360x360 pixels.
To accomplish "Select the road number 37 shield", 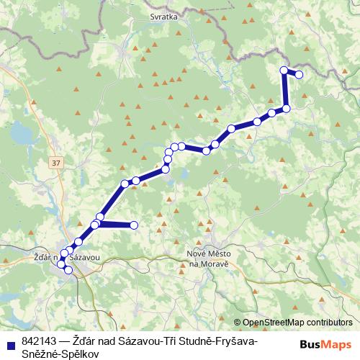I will coord(56,164).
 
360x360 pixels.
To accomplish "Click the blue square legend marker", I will coord(11,341).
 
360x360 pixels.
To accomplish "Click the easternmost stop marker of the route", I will coord(299,74).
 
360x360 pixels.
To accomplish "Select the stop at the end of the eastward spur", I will coord(134,225).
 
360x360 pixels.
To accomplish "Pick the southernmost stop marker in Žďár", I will coord(69,270).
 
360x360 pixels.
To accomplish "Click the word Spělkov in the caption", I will coord(78,354).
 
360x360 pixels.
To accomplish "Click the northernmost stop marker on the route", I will coord(284,70).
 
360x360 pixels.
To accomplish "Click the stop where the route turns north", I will coord(286,108).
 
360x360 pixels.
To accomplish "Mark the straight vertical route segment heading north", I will coord(284,89).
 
